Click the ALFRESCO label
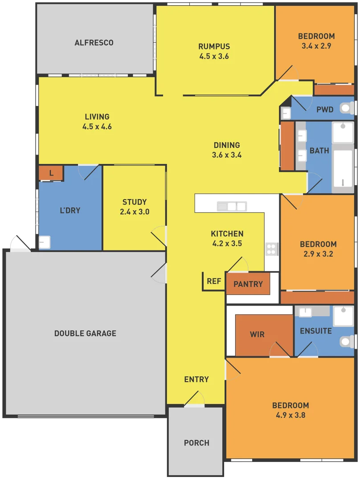point(94,43)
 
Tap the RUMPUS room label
point(214,46)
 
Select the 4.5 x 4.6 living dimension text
point(97,126)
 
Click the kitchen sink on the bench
point(232,206)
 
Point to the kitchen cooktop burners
point(271,249)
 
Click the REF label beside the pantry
point(214,281)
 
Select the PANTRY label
point(248,284)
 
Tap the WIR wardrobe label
point(257,334)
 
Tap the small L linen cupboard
point(51,173)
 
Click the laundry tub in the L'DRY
point(45,242)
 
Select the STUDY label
point(135,202)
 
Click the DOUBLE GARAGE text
point(85,333)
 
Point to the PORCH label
point(196,443)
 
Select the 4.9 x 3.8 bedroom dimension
point(290,415)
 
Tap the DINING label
point(227,145)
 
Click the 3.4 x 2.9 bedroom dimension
point(316,45)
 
